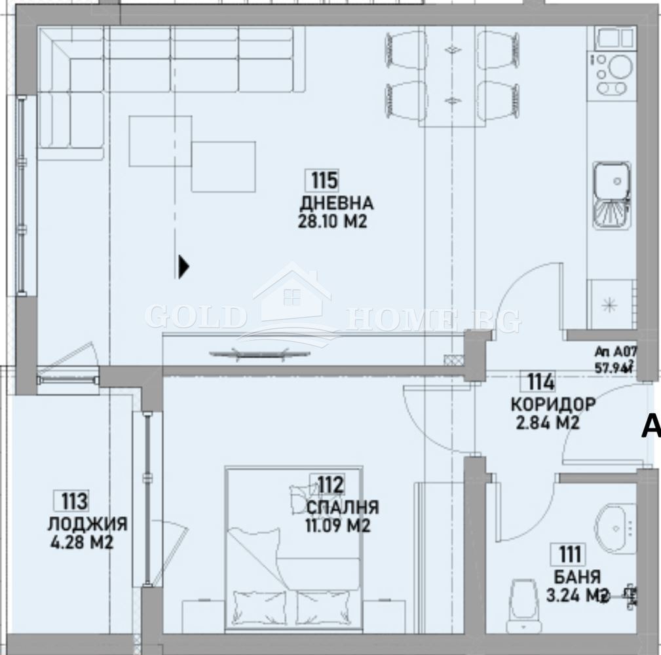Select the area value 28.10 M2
point(331,222)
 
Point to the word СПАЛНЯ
point(342,507)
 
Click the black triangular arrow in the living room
point(184,266)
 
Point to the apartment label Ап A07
point(615,350)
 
